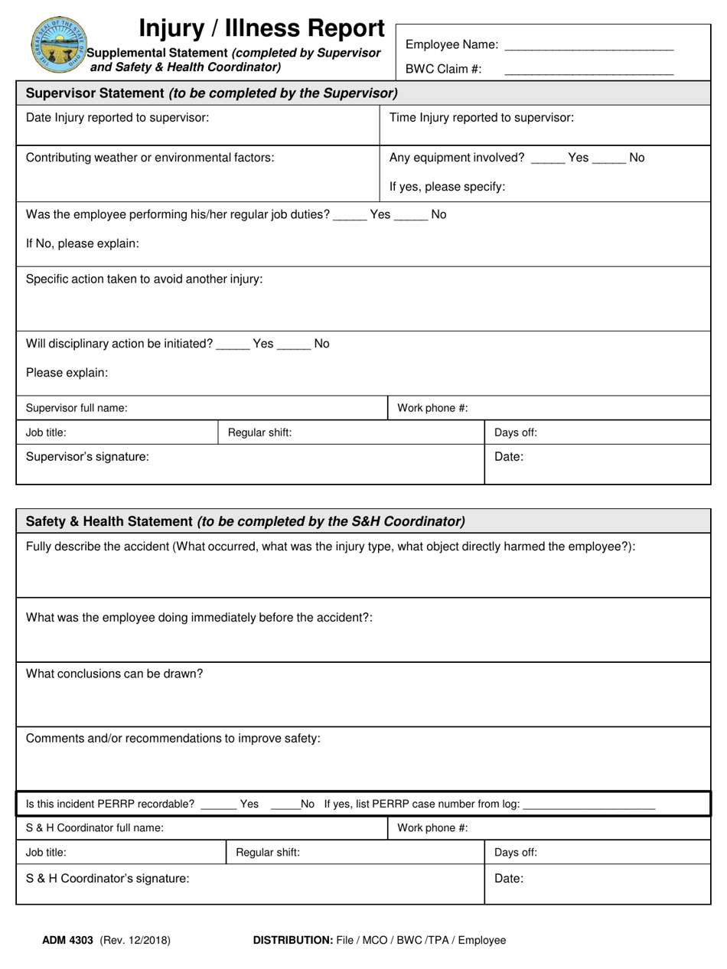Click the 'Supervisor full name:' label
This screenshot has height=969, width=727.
click(77, 407)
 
